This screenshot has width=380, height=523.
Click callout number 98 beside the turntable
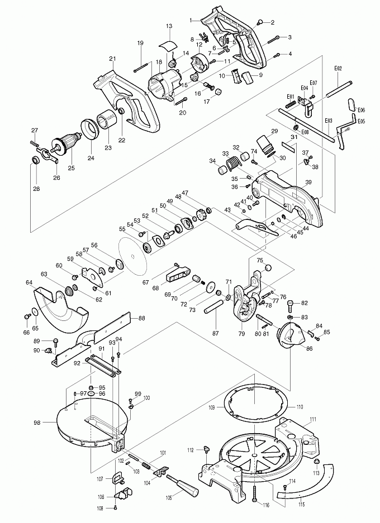37,423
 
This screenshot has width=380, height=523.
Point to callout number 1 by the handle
191,20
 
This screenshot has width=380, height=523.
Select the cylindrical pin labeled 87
214,308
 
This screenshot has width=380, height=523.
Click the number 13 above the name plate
169,26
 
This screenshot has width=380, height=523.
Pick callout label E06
361,110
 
